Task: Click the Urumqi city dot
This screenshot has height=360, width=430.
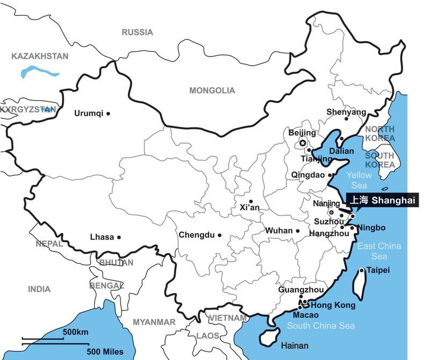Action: [x=108, y=114]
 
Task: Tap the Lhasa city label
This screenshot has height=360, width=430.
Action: [x=102, y=237]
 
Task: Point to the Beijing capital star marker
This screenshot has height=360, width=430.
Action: [x=303, y=143]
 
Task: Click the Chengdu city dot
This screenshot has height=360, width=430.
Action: [x=219, y=235]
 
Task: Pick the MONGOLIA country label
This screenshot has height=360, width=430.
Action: [x=212, y=90]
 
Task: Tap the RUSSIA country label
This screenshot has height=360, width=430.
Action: [x=137, y=32]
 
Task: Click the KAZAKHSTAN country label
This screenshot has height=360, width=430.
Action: [x=40, y=56]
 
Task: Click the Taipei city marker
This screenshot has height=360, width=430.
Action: [x=362, y=271]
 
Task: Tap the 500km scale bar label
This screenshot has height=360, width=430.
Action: [x=75, y=332]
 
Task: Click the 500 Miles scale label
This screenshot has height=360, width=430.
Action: [x=105, y=352]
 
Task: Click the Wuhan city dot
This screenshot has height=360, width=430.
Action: [x=297, y=231]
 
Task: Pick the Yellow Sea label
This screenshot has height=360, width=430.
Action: [x=359, y=180]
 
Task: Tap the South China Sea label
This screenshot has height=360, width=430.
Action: [x=320, y=326]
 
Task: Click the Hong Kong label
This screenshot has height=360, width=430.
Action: [x=333, y=305]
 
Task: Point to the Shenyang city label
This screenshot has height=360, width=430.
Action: [x=346, y=112]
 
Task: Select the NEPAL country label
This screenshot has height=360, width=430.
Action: [x=49, y=244]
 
